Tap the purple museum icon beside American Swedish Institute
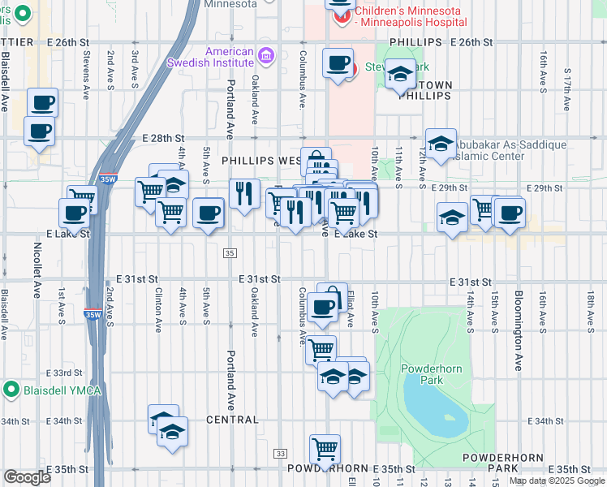265,56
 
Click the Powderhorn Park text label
431,374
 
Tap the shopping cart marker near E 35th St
325,449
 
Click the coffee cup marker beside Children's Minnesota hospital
338,62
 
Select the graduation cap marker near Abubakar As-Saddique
440,144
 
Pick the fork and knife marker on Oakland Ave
243,193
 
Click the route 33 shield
280,453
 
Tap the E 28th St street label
161,140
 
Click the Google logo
27,477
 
